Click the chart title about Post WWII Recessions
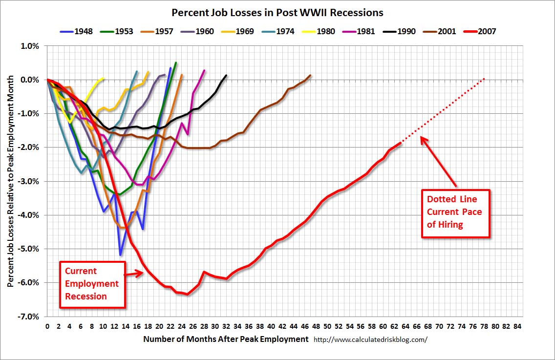[277, 12]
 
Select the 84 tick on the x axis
[517, 326]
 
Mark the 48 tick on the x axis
[316, 326]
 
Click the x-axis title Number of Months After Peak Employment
[226, 339]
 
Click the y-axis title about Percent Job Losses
[11, 181]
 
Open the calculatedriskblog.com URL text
[370, 339]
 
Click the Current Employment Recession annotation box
[92, 284]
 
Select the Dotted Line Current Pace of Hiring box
[455, 213]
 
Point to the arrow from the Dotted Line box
[439, 162]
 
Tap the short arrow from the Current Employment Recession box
[134, 274]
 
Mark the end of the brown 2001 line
[310, 75]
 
